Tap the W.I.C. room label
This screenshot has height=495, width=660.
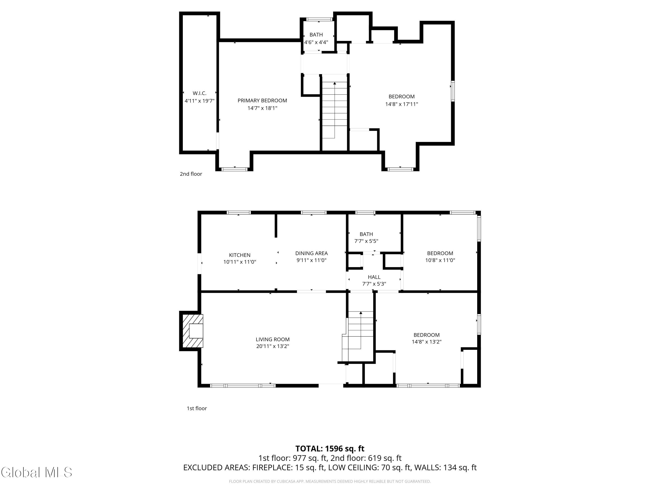(x=200, y=93)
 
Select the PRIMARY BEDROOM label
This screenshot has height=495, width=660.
(x=262, y=101)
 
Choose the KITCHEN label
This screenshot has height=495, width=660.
(x=240, y=255)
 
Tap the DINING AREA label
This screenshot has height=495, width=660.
(x=312, y=253)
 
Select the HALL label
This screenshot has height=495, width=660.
(x=374, y=277)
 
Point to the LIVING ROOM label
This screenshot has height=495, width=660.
(x=273, y=339)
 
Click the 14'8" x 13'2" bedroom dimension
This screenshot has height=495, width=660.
(x=427, y=342)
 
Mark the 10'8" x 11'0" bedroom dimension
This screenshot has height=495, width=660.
(x=440, y=260)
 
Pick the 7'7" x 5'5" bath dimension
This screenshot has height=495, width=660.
(x=366, y=241)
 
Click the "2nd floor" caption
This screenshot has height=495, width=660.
(x=191, y=174)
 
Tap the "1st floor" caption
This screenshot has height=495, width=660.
(x=197, y=409)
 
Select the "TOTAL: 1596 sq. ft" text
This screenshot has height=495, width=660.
(x=330, y=448)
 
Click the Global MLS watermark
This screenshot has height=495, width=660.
(x=36, y=472)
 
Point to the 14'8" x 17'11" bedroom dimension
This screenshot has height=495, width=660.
(x=401, y=104)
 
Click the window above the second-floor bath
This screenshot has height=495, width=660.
(x=319, y=19)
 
